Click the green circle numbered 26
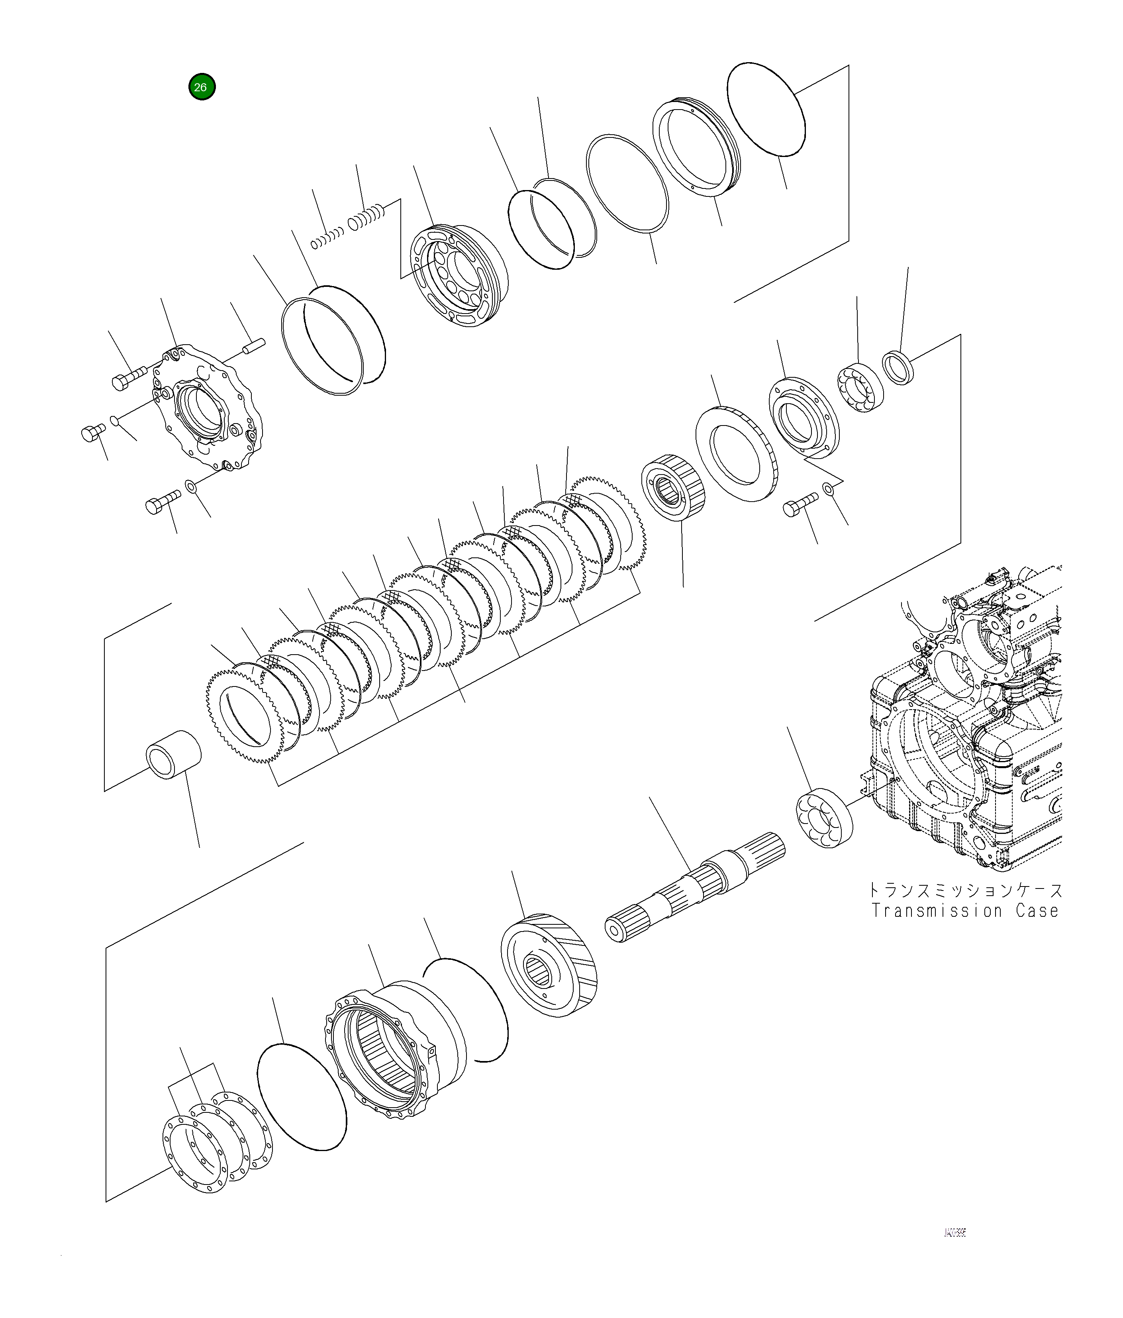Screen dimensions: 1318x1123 coord(202,87)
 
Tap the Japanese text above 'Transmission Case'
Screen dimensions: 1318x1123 coord(965,889)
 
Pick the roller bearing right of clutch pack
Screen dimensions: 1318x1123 coord(675,488)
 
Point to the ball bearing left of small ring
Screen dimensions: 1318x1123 coord(860,388)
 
